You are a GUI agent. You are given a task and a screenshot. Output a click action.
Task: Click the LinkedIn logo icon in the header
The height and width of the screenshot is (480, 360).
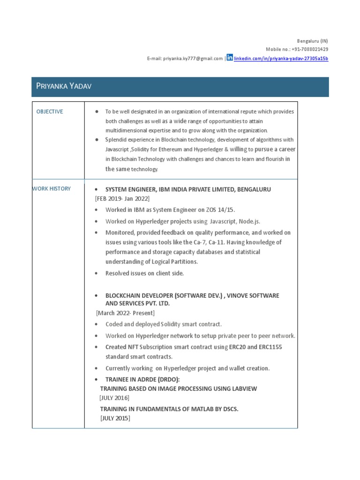point(230,58)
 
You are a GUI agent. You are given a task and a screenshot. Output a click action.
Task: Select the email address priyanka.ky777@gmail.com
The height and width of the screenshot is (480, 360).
point(192,59)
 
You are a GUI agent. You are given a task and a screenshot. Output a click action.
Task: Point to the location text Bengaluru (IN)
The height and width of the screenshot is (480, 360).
point(313,41)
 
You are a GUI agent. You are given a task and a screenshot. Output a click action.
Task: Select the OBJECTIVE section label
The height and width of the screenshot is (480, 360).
point(50,112)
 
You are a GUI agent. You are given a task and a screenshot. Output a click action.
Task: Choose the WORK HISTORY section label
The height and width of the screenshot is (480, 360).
point(52,188)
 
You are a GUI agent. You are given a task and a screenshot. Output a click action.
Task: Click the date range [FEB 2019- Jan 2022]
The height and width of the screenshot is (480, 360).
point(122,198)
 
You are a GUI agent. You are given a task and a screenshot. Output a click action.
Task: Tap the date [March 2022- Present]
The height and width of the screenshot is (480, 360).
point(125,313)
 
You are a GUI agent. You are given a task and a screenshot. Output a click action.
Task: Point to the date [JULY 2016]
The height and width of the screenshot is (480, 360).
point(114,397)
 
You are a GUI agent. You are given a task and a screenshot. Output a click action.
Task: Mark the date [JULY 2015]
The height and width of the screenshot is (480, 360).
point(115,418)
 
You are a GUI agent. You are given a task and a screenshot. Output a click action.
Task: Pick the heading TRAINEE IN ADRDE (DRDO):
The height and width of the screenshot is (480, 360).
point(142,379)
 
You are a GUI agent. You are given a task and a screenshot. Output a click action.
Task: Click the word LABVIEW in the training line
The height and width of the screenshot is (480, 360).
point(242,389)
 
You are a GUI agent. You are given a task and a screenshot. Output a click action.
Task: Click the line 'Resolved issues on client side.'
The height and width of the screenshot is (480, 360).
point(144,273)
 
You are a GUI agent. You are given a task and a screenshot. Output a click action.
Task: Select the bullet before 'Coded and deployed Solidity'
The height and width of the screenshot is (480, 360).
point(96,324)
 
